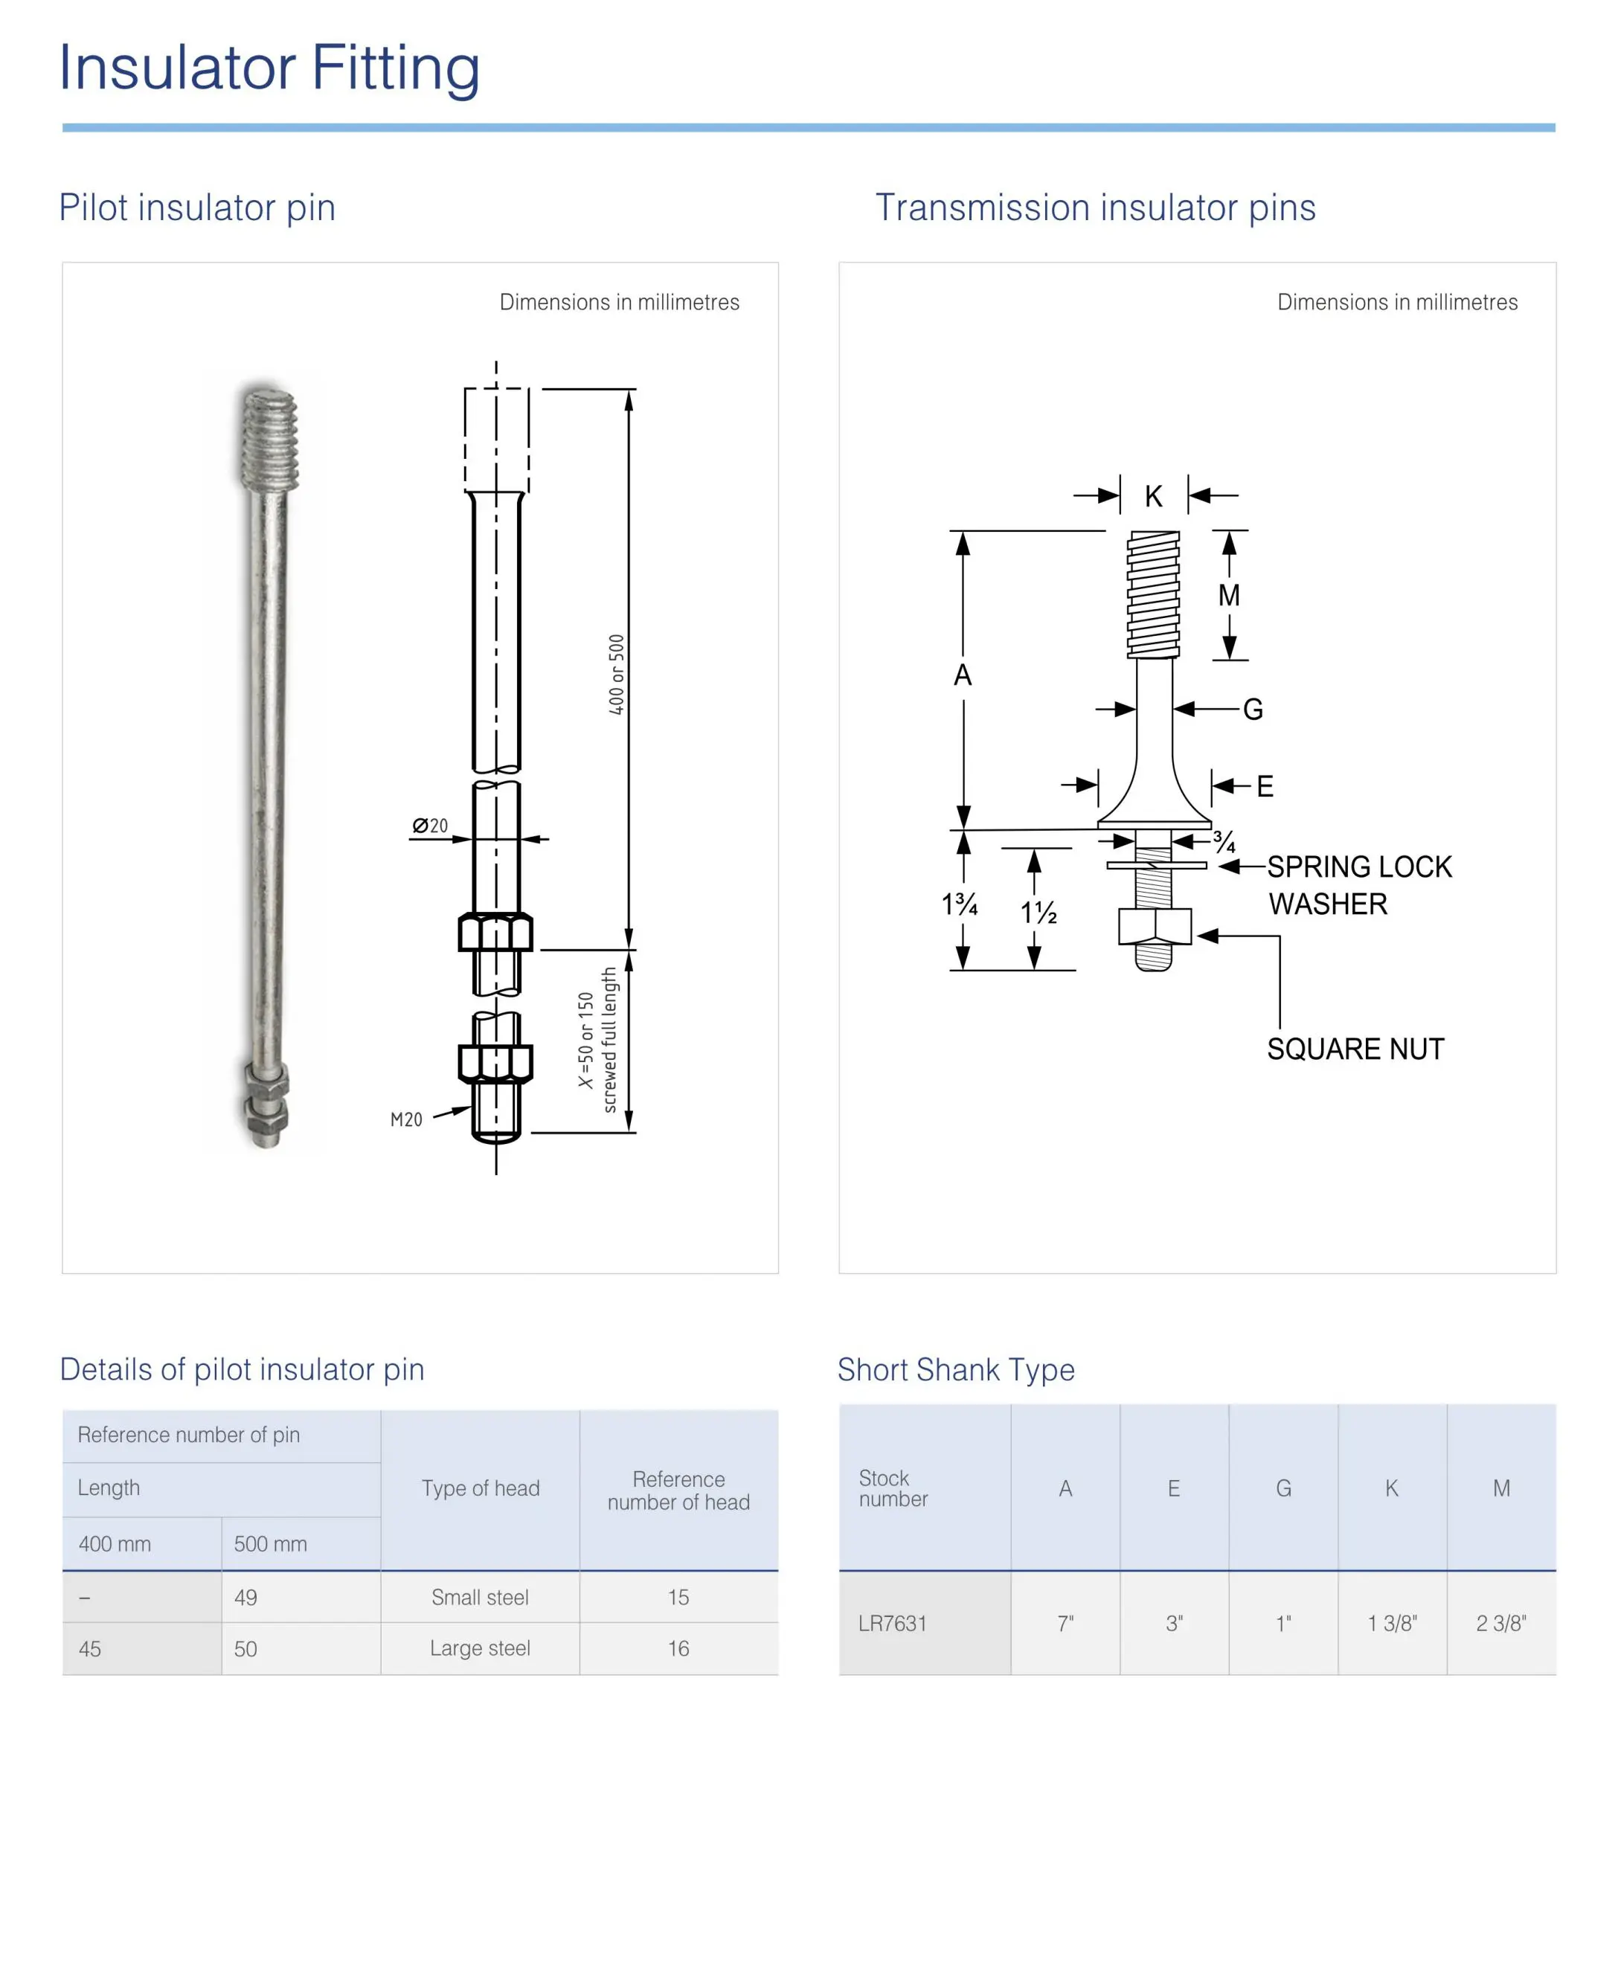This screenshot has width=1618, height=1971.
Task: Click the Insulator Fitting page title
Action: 269,68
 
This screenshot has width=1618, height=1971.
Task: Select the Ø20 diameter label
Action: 430,826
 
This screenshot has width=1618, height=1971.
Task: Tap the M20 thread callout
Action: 406,1119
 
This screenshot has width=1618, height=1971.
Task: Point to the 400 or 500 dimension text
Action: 616,675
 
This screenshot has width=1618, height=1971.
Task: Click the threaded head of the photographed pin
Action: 269,440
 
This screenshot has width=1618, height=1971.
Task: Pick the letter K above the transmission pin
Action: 1154,497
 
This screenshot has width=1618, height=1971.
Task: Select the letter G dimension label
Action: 1253,709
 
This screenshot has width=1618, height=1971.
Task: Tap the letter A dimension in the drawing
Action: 963,675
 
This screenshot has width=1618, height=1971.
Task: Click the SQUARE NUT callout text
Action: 1355,1049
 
